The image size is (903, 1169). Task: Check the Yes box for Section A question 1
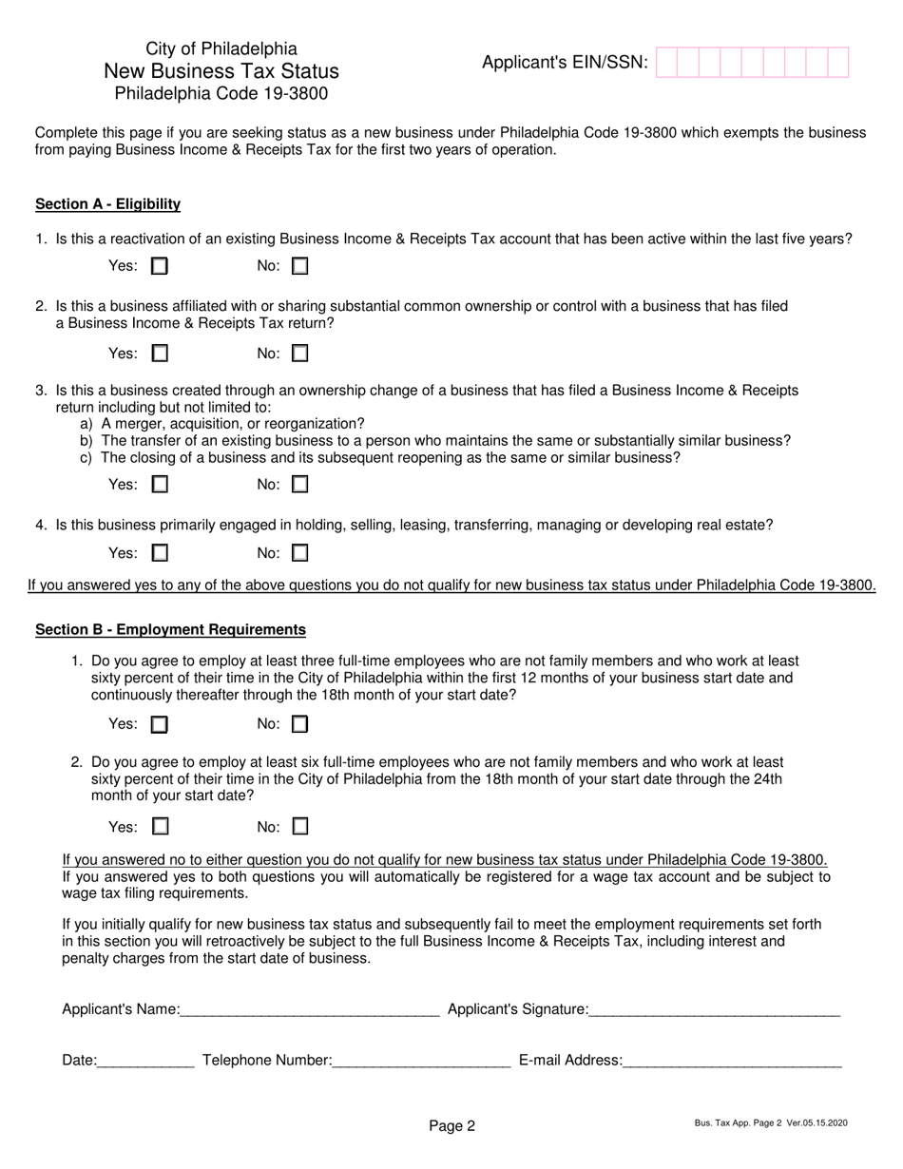tap(160, 267)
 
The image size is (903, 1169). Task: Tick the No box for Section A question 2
tap(299, 355)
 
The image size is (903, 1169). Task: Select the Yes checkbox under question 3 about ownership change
tap(160, 485)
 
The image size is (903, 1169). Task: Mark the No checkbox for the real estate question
tap(299, 553)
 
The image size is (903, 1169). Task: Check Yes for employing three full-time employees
tap(160, 724)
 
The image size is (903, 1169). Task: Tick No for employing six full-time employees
tap(299, 827)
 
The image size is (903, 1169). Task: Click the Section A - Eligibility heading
tap(107, 204)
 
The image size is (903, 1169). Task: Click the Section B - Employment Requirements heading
tap(170, 630)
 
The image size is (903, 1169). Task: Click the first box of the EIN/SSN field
tap(666, 63)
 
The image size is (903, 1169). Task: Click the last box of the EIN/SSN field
tap(837, 63)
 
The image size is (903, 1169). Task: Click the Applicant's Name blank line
tap(309, 1010)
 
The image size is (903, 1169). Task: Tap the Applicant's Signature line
tap(714, 1010)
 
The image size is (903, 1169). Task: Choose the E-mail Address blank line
tap(732, 1061)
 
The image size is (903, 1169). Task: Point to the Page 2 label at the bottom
tap(451, 1126)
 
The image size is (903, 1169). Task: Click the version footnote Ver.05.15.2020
tap(817, 1123)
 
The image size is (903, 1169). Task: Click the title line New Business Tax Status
tap(221, 71)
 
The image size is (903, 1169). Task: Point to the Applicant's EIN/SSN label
tap(565, 63)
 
